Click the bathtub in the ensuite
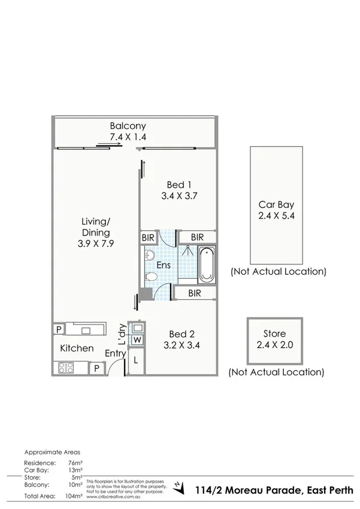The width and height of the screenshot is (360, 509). coord(206,264)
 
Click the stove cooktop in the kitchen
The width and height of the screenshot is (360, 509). coord(64,368)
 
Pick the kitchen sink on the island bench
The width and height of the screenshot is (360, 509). coord(86,329)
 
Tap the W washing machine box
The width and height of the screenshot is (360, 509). coord(137,340)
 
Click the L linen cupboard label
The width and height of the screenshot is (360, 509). coord(136,361)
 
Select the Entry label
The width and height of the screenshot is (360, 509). coord(115,354)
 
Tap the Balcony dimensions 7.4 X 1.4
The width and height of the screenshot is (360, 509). coord(128,137)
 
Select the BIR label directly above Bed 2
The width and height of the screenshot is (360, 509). coord(194,293)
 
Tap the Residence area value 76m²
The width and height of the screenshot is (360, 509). coord(75,463)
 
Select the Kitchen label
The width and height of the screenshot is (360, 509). coord(77,348)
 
